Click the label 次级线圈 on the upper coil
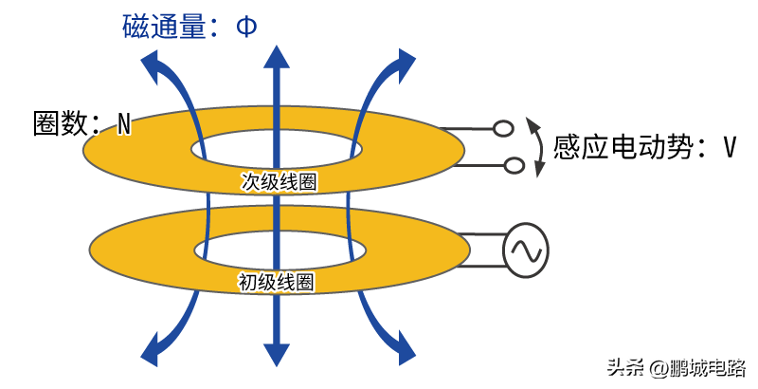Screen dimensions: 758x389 coord(279,182)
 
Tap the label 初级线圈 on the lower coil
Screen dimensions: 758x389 coord(275,282)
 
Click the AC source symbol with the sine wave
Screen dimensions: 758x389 coord(525,250)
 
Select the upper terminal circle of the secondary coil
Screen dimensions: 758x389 coord(503,129)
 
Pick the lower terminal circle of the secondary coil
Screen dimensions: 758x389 coord(514,165)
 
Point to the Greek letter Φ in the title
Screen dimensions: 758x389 coord(246,28)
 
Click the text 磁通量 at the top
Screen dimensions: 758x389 coord(164,27)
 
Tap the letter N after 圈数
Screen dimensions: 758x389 coord(125,124)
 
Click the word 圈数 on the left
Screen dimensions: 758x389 coord(61,123)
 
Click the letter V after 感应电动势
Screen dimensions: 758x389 coord(730,147)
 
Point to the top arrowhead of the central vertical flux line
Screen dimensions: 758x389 coord(277,57)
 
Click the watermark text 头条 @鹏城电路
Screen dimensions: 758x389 coord(677,368)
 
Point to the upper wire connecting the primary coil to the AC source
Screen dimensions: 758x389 coord(481,234)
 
